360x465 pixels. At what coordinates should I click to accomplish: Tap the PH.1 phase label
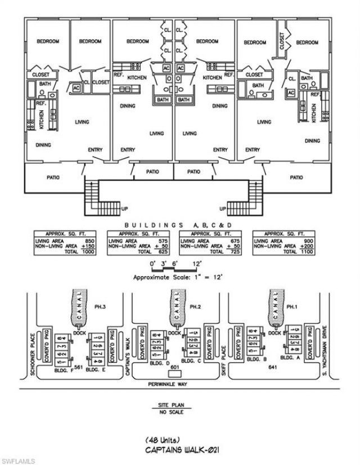291,306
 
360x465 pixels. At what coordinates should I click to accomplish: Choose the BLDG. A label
287,357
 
